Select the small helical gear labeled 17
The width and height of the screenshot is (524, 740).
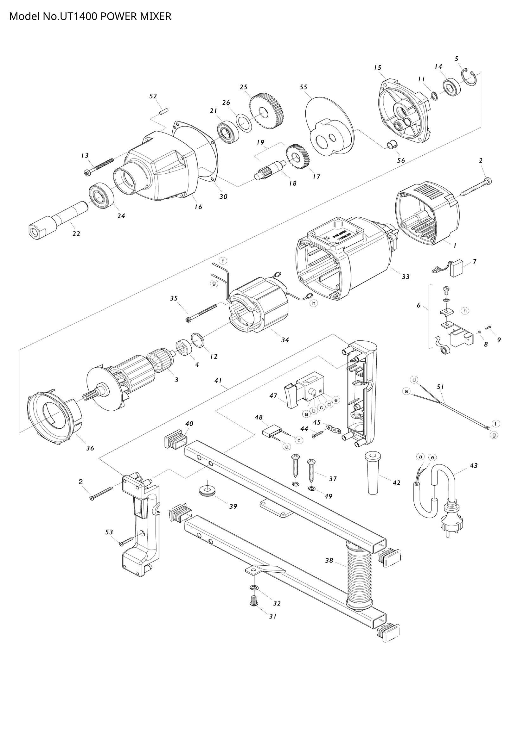[x=296, y=157]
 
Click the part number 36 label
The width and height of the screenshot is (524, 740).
[x=90, y=448]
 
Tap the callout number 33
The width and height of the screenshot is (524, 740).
[x=406, y=277]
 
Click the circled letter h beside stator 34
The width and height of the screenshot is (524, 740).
[x=314, y=303]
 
